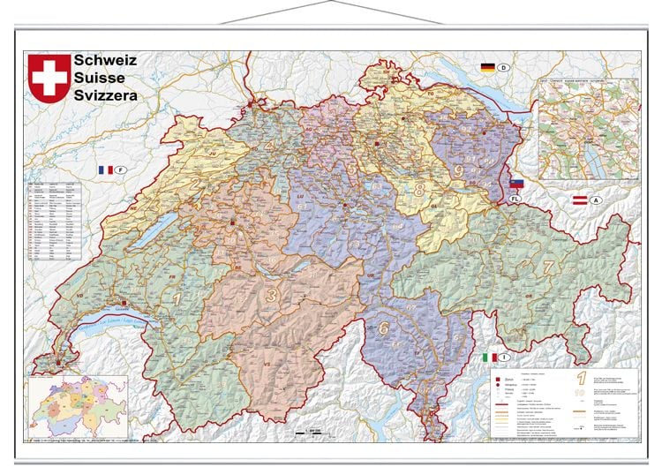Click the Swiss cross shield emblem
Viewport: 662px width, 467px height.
[48, 77]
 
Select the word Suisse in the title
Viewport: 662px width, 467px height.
[100, 78]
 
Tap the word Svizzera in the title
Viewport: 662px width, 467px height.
[106, 94]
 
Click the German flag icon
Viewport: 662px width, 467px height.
[487, 67]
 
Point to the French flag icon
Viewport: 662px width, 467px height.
[105, 169]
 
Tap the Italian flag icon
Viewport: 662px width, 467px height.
[487, 357]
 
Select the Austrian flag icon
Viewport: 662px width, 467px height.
[581, 200]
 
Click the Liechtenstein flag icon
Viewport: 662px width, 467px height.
[516, 184]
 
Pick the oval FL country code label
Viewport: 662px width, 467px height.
[515, 200]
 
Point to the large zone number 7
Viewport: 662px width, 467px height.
[547, 265]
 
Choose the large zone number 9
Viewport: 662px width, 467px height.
[458, 169]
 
